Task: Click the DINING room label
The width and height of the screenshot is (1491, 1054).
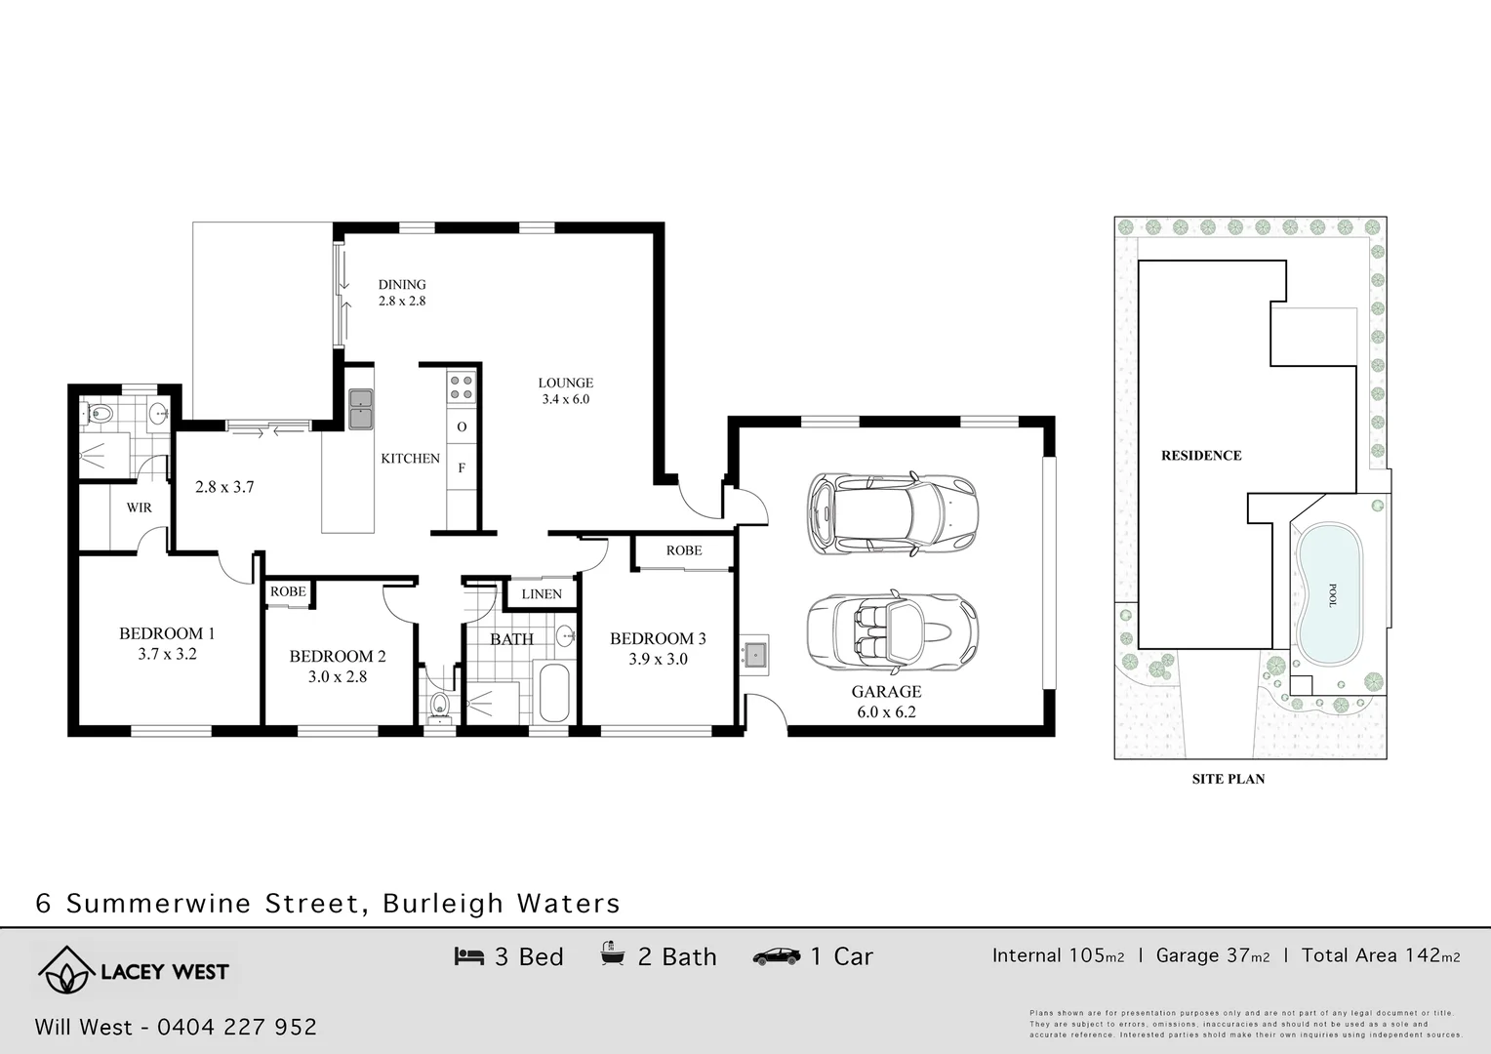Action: point(402,292)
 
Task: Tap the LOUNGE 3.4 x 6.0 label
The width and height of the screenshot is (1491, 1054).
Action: point(566,390)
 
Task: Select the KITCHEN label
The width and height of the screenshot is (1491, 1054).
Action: point(410,458)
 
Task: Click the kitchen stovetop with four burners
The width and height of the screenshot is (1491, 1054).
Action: point(462,387)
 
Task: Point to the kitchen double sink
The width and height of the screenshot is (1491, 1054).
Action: point(361,408)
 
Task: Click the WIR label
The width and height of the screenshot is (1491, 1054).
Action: point(139,507)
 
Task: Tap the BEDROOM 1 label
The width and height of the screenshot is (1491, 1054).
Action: point(167,643)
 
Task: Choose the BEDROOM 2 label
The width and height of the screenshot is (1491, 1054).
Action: point(338,666)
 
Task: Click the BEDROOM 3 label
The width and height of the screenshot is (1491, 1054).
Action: point(658,648)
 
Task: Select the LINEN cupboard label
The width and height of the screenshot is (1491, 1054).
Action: point(542,593)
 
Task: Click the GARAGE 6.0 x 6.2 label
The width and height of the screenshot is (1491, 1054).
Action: point(886,701)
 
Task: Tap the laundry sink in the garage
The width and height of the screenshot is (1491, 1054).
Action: point(754,654)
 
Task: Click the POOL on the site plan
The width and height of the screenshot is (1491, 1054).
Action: point(1328,593)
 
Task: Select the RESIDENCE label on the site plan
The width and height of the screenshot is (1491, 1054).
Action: point(1201,455)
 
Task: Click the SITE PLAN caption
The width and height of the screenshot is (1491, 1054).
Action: point(1228,779)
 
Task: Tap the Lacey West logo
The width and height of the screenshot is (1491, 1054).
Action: point(134,970)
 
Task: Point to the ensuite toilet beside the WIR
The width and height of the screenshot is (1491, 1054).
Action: point(98,414)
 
